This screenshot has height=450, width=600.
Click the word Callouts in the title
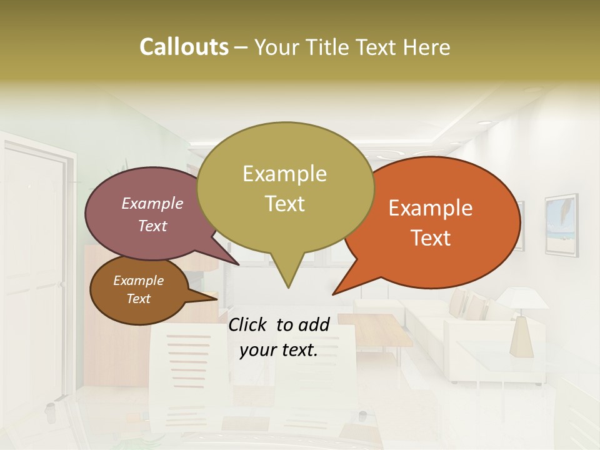coord(184,47)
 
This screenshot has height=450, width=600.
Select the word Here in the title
coord(427,47)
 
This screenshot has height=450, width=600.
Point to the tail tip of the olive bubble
coord(288,287)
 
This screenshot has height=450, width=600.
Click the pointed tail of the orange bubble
coord(334,292)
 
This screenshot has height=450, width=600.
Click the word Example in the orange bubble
coord(431,208)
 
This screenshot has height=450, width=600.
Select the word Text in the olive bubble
coord(285,204)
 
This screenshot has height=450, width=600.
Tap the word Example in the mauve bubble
coord(152,203)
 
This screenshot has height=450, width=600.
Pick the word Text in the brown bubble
coord(138,299)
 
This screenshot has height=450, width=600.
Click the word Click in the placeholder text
coord(248,324)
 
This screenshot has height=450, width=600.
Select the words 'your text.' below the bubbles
coord(279,351)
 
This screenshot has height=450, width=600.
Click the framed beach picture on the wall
coord(561,224)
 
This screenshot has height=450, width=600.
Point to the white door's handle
coord(61,285)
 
